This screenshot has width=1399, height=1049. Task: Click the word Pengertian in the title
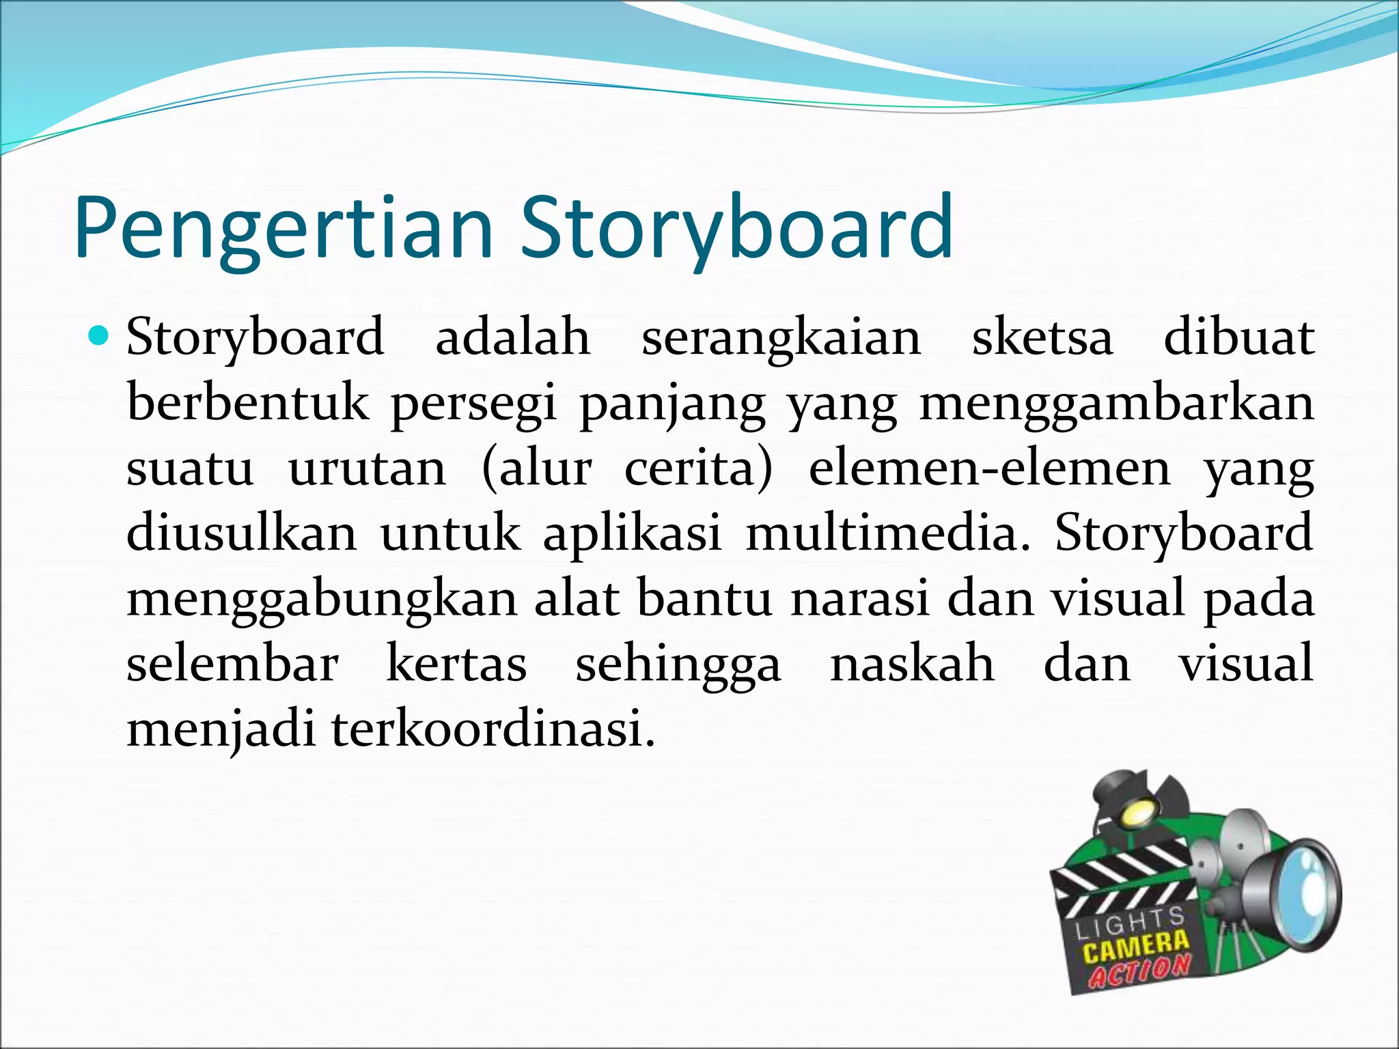point(283,229)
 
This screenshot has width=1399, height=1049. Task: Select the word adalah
point(512,337)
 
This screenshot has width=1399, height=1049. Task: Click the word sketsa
point(1042,337)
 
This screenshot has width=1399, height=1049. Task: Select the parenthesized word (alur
point(536,468)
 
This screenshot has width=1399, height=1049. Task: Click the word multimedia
point(887,533)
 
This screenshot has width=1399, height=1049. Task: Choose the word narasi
point(861,598)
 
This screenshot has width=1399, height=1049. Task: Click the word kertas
point(456,663)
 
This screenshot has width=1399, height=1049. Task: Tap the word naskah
point(912,663)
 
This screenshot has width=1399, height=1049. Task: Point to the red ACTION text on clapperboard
point(1139,970)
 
